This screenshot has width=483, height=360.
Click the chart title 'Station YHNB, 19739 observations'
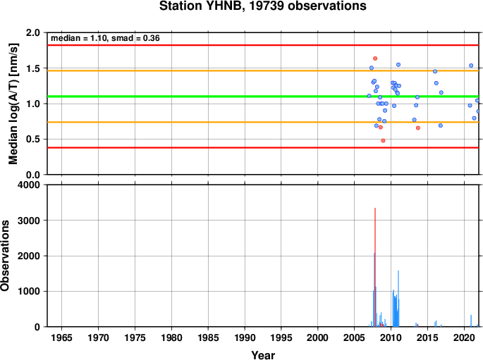(x=263, y=6)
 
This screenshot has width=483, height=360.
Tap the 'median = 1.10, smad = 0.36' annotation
(x=105, y=38)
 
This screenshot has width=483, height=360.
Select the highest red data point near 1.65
(x=375, y=58)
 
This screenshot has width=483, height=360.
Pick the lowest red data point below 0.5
(x=383, y=141)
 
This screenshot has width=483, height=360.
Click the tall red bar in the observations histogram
(x=375, y=267)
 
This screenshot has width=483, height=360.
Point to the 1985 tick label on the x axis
(x=208, y=337)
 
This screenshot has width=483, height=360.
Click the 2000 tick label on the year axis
(x=317, y=337)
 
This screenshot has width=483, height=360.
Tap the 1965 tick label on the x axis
(x=61, y=337)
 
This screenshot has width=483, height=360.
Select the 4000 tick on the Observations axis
(x=29, y=185)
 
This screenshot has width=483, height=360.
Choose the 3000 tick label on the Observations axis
(x=29, y=221)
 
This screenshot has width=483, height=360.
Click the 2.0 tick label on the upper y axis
(x=33, y=32)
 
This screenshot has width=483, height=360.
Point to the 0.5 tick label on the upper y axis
(x=33, y=139)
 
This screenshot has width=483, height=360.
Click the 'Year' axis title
(x=263, y=355)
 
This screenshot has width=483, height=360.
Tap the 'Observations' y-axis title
(x=5, y=256)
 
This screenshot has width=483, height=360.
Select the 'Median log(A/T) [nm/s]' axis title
(x=13, y=104)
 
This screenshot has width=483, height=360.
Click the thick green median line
(x=263, y=97)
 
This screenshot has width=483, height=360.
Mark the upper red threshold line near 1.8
(x=263, y=45)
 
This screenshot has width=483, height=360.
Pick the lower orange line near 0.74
(x=263, y=122)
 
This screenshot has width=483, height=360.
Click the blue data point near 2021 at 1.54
(x=471, y=66)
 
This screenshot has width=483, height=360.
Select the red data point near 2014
(x=418, y=128)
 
